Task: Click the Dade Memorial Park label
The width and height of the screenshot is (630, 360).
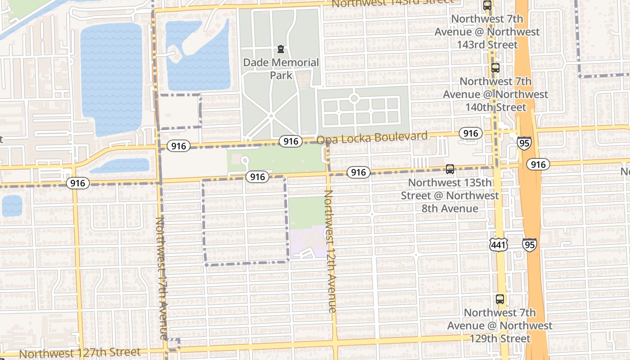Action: pyautogui.click(x=281, y=68)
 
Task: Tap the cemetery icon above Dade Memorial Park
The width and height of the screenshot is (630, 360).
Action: pyautogui.click(x=281, y=49)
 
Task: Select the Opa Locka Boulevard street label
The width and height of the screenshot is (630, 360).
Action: pyautogui.click(x=372, y=138)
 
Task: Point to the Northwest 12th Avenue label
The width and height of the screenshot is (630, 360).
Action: pyautogui.click(x=330, y=251)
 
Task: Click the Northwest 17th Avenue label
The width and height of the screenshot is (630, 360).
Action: pyautogui.click(x=161, y=278)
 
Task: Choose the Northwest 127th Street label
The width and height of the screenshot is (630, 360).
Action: pyautogui.click(x=80, y=353)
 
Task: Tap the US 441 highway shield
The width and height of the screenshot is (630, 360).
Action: pyautogui.click(x=499, y=244)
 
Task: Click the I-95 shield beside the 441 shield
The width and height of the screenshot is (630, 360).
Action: pyautogui.click(x=529, y=244)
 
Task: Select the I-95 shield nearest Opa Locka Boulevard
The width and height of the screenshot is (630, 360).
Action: pyautogui.click(x=523, y=143)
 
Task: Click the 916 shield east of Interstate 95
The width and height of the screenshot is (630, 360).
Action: pyautogui.click(x=538, y=164)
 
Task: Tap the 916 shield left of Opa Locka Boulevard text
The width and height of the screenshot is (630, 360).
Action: pyautogui.click(x=290, y=141)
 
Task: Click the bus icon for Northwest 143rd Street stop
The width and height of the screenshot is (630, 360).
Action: pyautogui.click(x=487, y=5)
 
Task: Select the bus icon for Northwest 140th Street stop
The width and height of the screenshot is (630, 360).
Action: pyautogui.click(x=495, y=68)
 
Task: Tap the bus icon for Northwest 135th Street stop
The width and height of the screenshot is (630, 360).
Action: pyautogui.click(x=450, y=169)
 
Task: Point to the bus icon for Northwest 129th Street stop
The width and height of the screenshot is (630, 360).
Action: pyautogui.click(x=499, y=299)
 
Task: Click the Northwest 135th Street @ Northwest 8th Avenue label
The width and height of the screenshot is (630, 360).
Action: pyautogui.click(x=450, y=196)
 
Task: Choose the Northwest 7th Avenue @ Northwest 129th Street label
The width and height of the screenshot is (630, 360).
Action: pyautogui.click(x=499, y=325)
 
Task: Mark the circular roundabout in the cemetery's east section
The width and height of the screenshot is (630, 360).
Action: pyautogui.click(x=354, y=98)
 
